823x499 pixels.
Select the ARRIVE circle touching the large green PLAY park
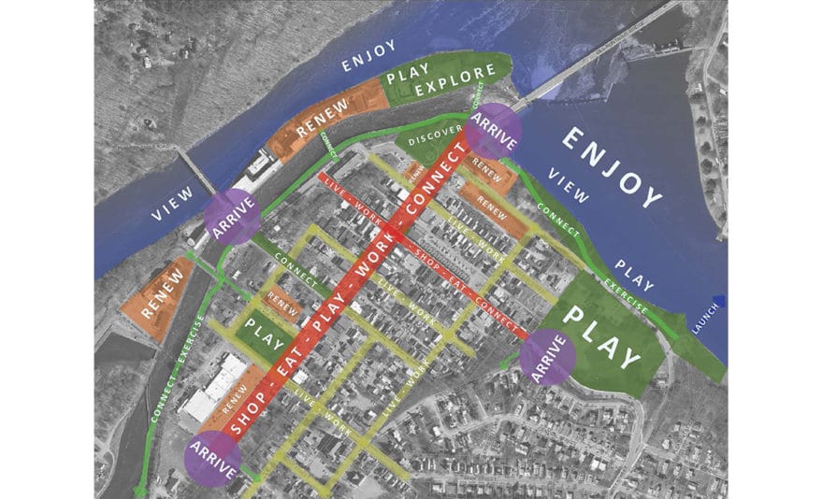[548, 357]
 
